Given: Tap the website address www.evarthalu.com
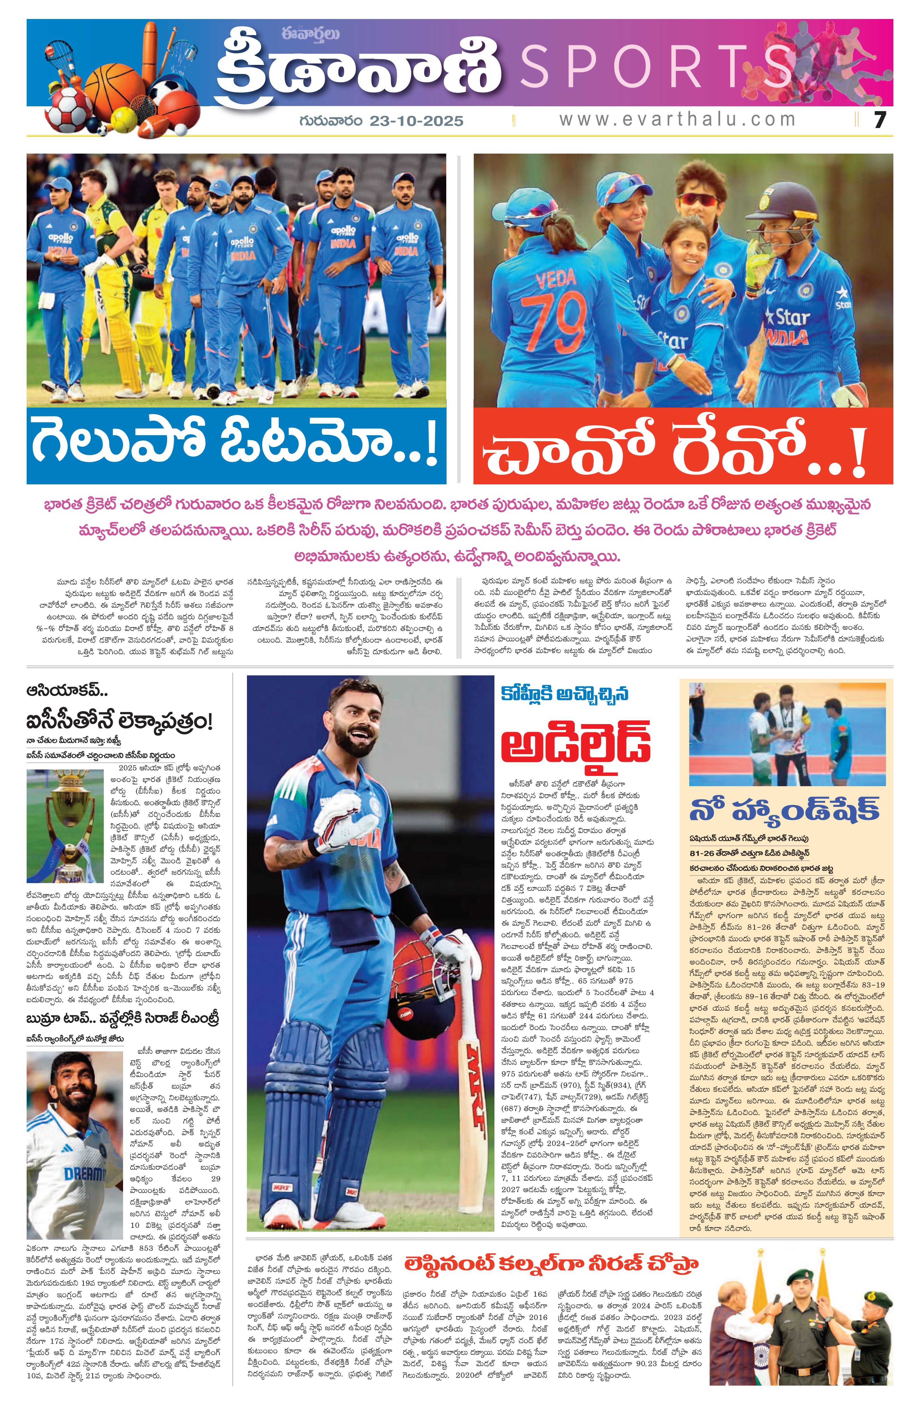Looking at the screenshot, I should point(677,119).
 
